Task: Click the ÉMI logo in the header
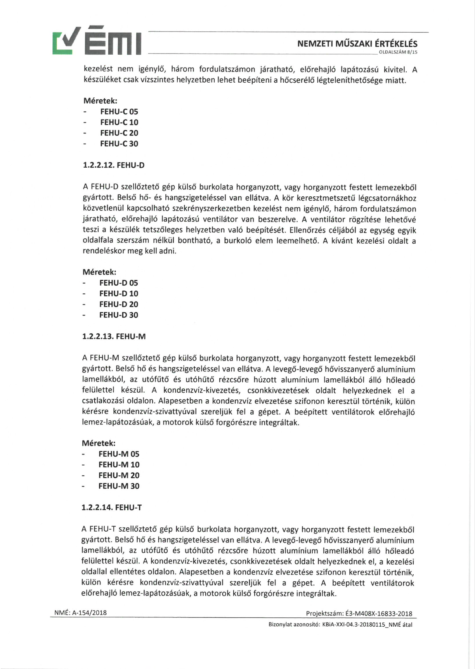click(97, 41)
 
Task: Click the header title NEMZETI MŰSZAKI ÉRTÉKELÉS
click(357, 44)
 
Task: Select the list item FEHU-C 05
click(119, 112)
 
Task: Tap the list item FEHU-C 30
click(119, 144)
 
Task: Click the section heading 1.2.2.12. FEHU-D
click(114, 165)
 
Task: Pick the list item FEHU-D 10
click(119, 294)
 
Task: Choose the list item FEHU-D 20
click(119, 304)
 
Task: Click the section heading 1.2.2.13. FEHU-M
click(114, 336)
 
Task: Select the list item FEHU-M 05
click(119, 454)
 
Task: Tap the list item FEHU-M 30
click(119, 486)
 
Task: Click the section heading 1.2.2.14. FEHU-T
click(112, 508)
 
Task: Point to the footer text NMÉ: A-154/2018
click(80, 613)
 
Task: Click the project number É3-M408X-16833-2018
click(376, 614)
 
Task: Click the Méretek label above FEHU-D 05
click(99, 272)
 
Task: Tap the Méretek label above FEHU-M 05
click(99, 443)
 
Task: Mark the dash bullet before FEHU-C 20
click(85, 133)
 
